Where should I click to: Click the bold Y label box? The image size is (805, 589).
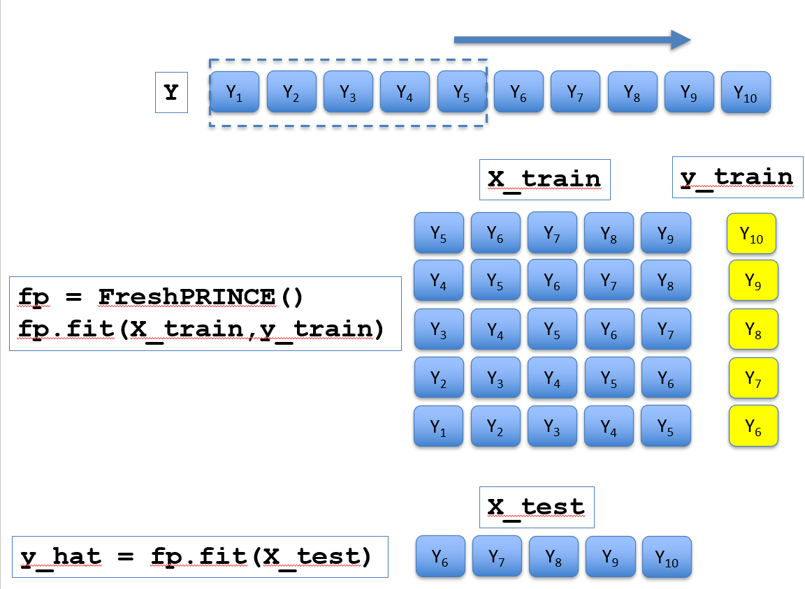point(171,92)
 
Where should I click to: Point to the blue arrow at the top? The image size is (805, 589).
point(572,40)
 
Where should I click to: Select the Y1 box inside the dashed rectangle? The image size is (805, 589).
point(235,91)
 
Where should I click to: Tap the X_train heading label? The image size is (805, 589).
point(545,179)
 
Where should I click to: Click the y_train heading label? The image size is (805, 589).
point(737,177)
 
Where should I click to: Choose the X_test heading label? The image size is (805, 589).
point(537,507)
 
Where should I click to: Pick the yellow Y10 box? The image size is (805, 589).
point(751,234)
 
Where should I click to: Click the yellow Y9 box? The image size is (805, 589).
point(753,281)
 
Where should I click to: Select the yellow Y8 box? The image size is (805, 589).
point(753,329)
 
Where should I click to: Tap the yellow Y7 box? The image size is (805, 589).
point(753,378)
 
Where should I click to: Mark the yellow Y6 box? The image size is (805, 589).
point(753,426)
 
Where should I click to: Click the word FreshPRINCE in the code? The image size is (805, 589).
point(187,297)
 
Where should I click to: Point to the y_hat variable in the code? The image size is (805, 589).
point(61,557)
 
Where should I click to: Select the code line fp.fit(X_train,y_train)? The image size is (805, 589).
point(201,329)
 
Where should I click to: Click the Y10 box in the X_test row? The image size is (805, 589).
point(667,557)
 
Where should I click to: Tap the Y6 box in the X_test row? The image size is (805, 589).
point(440,557)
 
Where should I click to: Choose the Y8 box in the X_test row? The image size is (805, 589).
point(553,557)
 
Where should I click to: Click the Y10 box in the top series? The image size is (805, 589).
point(746,92)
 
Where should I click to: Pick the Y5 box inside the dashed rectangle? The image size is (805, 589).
point(461,91)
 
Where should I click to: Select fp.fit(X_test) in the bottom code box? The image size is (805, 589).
point(260,557)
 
